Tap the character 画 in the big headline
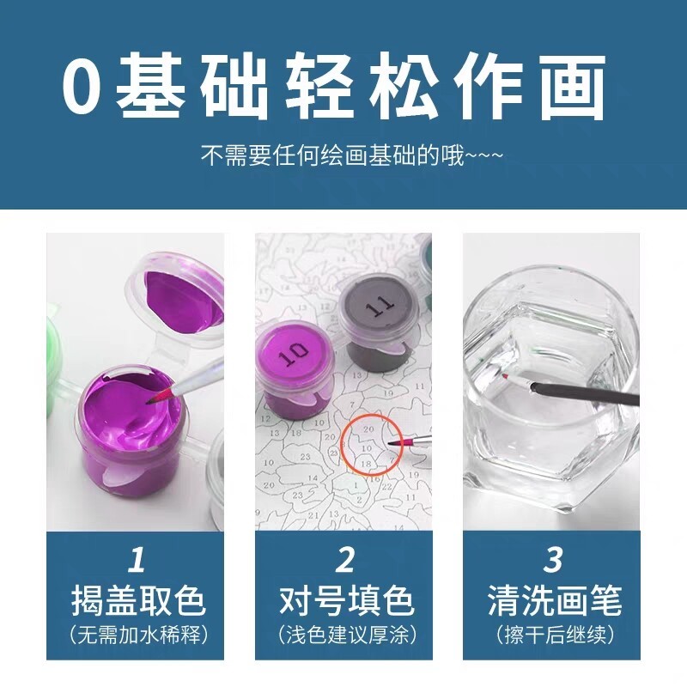[573, 86]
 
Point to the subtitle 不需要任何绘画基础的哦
[332, 156]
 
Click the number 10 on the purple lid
[294, 354]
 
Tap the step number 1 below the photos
[137, 559]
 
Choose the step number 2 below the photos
[345, 559]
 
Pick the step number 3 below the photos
[553, 559]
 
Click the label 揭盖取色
[138, 600]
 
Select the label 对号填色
[346, 600]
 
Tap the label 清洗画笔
[554, 600]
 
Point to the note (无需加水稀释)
[138, 635]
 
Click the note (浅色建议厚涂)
[346, 635]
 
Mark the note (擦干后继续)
[554, 635]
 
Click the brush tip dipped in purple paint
[159, 396]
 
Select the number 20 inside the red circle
[368, 429]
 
